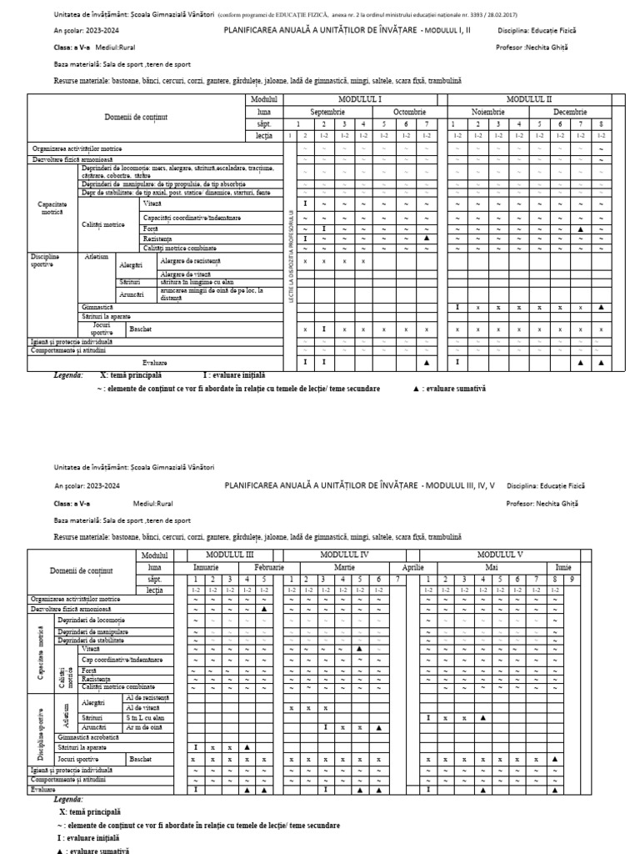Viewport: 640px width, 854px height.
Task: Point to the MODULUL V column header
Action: tap(500, 555)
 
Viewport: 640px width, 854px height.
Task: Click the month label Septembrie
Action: tap(327, 112)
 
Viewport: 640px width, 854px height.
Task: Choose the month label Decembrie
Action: tap(570, 112)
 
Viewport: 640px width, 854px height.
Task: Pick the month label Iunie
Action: tap(563, 567)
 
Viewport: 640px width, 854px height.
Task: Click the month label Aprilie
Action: tap(413, 567)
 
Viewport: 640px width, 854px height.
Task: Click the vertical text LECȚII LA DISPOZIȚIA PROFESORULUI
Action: tap(291, 254)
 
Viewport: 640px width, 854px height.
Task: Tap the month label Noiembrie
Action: tap(488, 112)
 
